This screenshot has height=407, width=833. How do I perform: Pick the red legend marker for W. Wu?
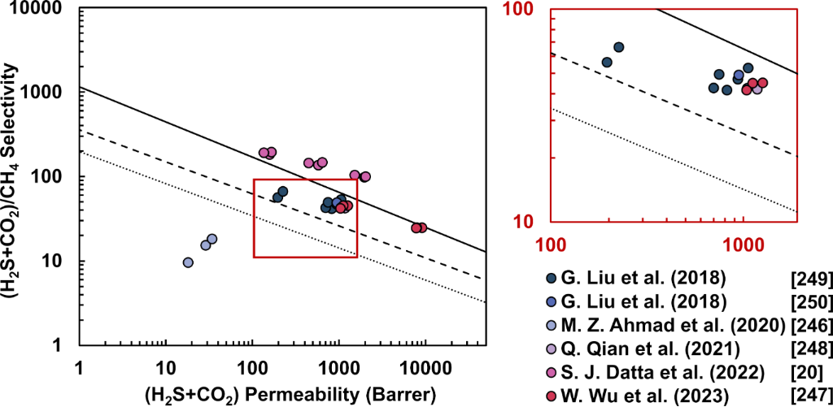point(554,394)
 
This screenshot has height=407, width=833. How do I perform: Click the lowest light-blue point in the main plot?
point(188,262)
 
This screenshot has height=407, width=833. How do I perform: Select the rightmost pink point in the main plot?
point(364,176)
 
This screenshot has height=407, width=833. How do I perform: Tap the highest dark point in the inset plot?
point(618,48)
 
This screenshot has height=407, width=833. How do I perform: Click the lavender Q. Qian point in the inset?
point(757,89)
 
